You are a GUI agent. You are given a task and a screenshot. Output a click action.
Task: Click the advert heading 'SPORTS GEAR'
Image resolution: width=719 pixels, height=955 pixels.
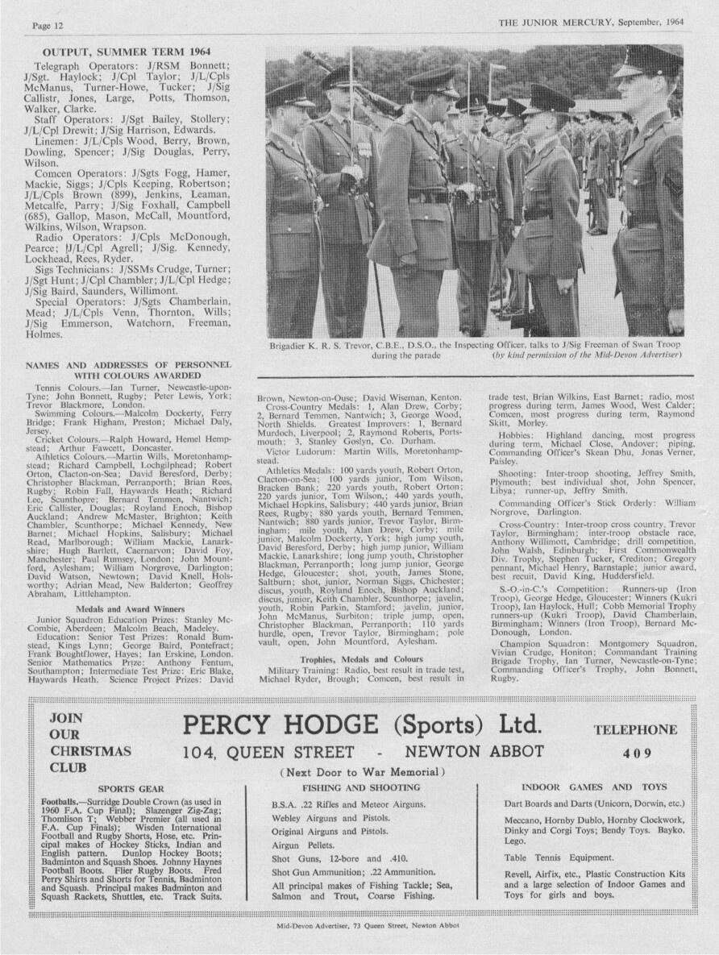[131, 787]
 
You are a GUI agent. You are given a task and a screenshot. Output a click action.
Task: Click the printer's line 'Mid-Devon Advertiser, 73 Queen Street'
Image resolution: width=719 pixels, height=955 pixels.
[367, 948]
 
